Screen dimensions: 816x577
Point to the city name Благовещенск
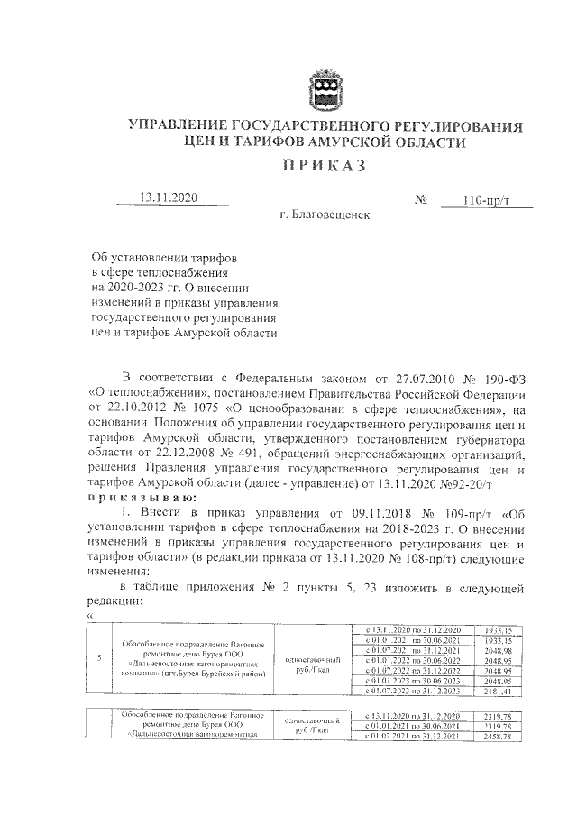tap(325, 215)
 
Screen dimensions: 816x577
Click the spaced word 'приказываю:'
tap(137, 497)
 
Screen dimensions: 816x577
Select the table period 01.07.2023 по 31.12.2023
tap(412, 692)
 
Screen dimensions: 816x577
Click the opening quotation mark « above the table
tap(90, 617)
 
